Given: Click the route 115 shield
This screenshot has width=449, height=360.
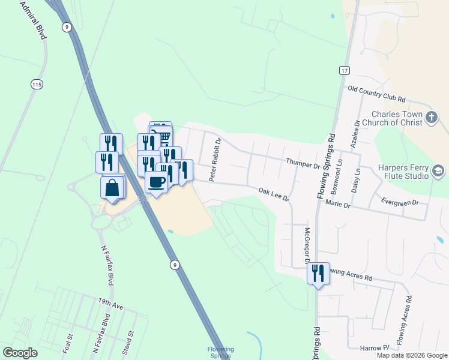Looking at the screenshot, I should click(37, 85).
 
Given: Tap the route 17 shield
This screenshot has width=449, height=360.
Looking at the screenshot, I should click(343, 70).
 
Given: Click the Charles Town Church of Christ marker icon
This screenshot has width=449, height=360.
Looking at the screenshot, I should click(432, 118).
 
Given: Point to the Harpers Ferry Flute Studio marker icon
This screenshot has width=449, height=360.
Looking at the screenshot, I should click(438, 172).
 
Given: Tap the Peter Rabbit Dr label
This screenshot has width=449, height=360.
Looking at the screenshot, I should click(215, 160).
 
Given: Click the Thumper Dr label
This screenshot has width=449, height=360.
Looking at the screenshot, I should click(303, 163).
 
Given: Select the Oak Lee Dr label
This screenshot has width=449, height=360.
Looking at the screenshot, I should click(274, 194).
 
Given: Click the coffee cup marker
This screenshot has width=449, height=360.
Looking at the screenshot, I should click(157, 182).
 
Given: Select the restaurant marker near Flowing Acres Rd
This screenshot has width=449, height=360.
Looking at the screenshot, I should click(318, 274).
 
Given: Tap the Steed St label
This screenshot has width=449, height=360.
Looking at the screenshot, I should click(128, 341).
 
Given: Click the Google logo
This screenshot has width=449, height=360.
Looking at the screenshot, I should click(20, 353).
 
